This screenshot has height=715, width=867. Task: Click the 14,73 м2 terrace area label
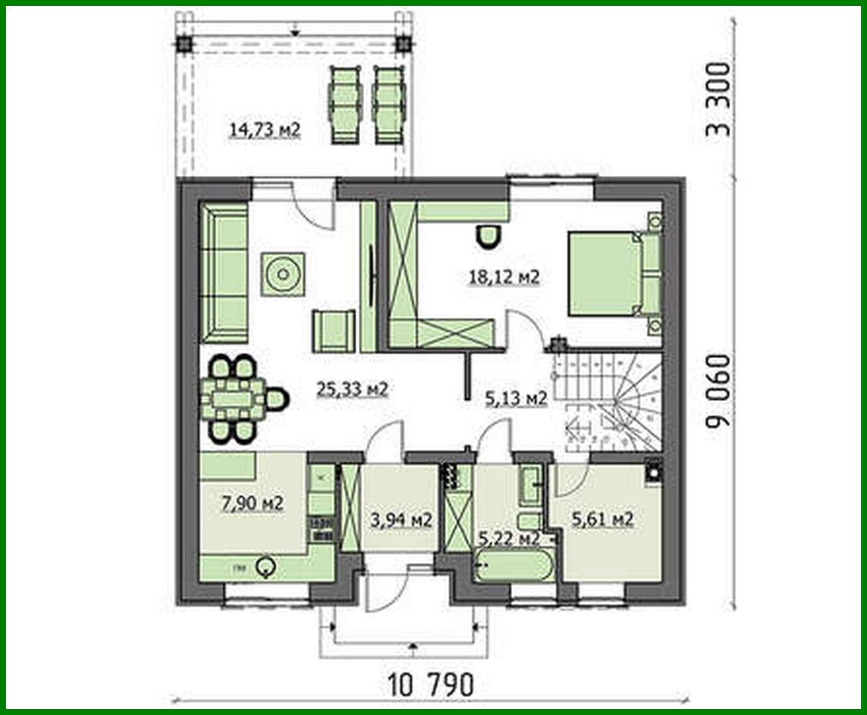pos(264,130)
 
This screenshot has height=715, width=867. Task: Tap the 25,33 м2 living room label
pos(352,389)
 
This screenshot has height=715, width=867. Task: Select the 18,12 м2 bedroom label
pos(504,277)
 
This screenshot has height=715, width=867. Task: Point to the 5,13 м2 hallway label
pos(516,397)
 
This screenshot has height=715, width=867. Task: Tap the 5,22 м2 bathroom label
pos(509,538)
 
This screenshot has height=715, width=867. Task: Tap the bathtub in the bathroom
pos(514,565)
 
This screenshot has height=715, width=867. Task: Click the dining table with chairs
pos(233,398)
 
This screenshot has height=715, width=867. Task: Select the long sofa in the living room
pos(223,272)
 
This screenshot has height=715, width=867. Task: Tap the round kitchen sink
pos(266,568)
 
